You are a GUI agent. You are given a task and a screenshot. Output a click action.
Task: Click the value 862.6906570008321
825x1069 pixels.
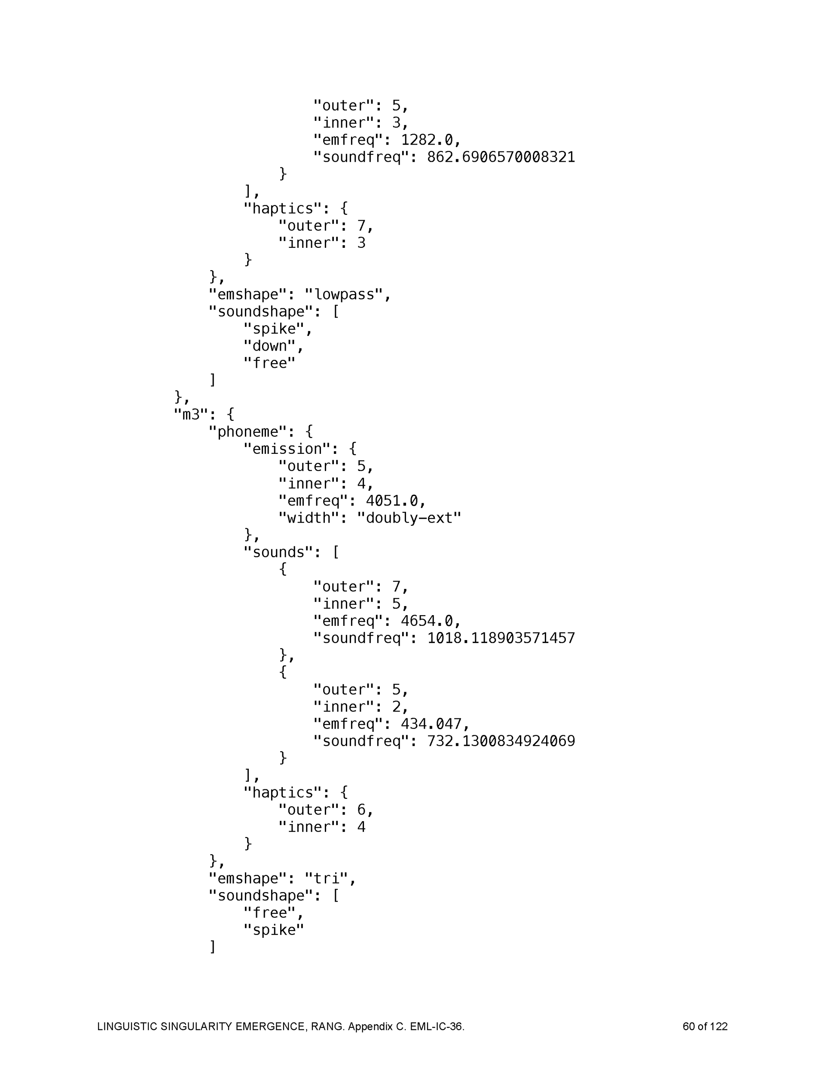pyautogui.click(x=501, y=157)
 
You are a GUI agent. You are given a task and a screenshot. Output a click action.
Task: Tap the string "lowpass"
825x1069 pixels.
pyautogui.click(x=344, y=295)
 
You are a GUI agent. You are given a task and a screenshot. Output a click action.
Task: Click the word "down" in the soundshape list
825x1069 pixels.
pyautogui.click(x=269, y=346)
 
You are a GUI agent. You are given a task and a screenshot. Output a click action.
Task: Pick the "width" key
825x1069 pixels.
pyautogui.click(x=309, y=518)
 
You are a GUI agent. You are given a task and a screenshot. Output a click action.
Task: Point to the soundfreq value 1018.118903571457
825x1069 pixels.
pyautogui.click(x=501, y=638)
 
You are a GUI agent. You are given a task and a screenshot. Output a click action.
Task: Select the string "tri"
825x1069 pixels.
pyautogui.click(x=326, y=878)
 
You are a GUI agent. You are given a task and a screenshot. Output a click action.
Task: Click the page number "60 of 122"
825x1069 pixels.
pyautogui.click(x=705, y=1026)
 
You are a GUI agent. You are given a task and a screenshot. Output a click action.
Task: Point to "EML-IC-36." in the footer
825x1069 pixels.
pyautogui.click(x=437, y=1026)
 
